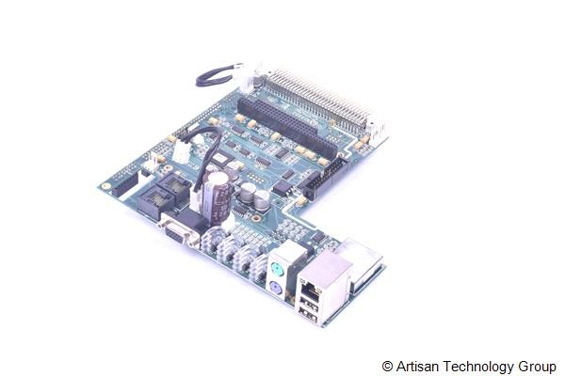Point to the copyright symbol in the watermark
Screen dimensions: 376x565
(x=387, y=366)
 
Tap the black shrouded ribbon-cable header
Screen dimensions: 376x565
(x=325, y=175)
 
